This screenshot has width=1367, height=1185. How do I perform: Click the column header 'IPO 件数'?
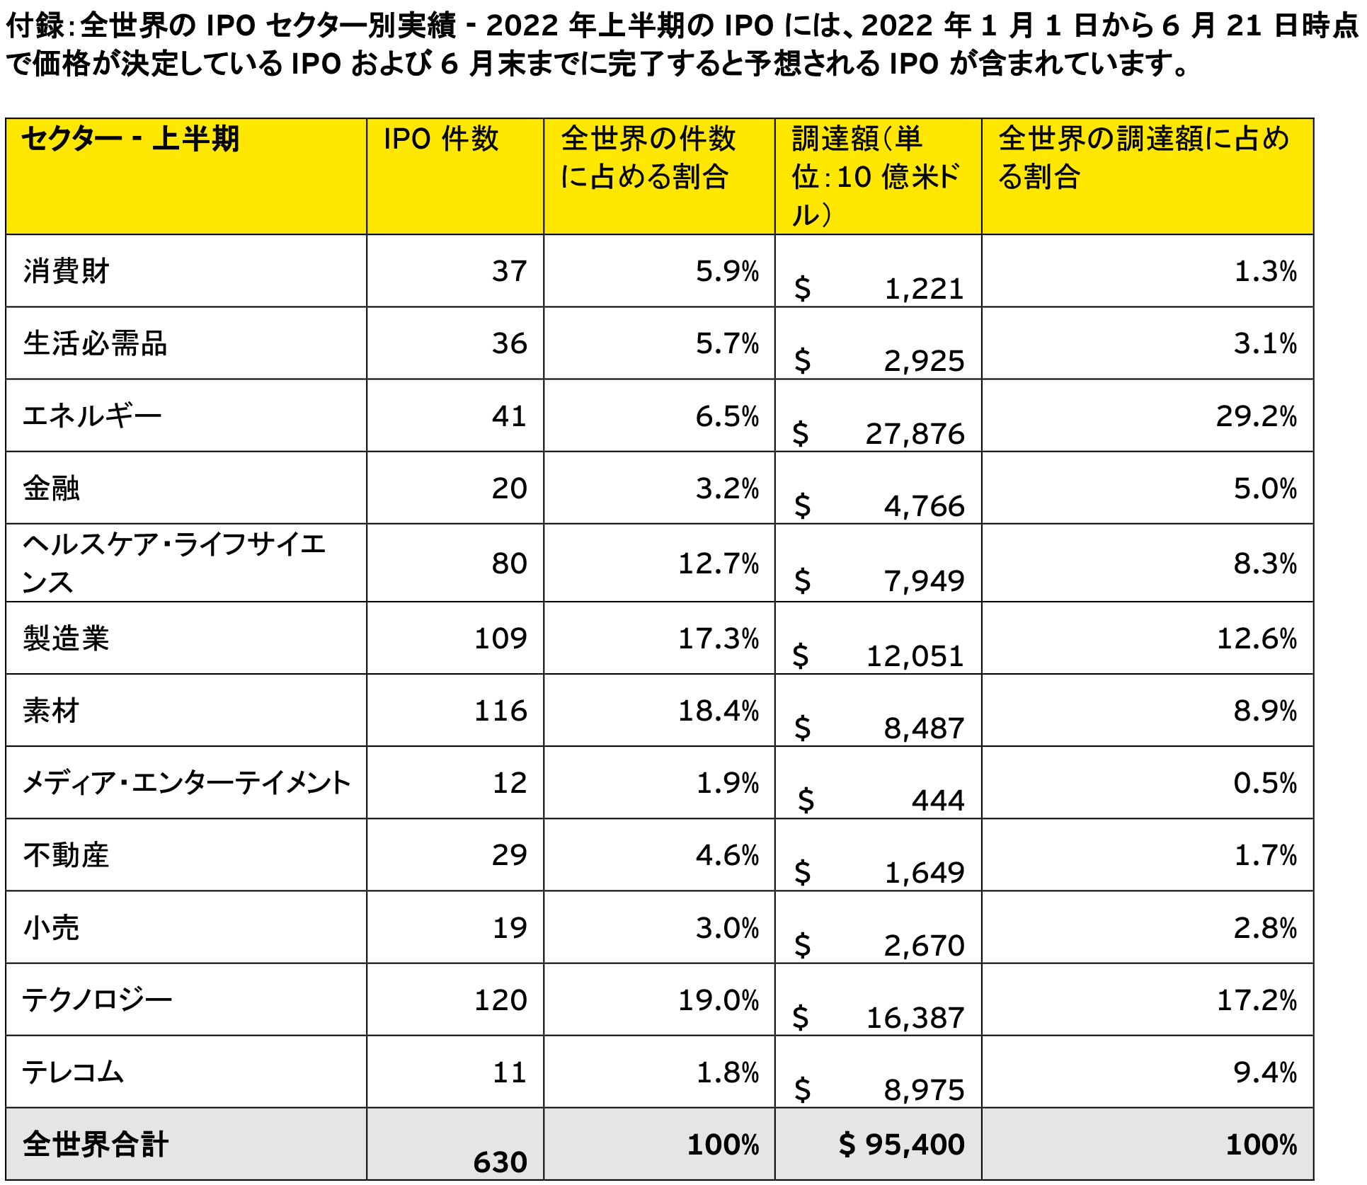440,139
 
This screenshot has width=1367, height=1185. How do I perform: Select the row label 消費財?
66,271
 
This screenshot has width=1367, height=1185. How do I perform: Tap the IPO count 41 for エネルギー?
509,416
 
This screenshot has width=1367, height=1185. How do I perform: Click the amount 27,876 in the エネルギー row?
915,434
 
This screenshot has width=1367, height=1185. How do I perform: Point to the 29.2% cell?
1256,416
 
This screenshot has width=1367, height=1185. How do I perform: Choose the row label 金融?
51,488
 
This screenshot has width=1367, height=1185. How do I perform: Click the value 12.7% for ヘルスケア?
718,563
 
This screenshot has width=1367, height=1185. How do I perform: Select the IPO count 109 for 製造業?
500,639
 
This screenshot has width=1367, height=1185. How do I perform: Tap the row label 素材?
51,711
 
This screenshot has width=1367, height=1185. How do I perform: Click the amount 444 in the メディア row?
938,801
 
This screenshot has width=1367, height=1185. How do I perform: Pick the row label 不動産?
66,855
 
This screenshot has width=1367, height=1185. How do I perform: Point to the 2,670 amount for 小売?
924,945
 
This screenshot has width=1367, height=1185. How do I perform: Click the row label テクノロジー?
97,1000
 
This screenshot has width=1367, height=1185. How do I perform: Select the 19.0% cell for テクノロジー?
718,1000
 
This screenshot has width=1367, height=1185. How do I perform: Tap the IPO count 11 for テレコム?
509,1072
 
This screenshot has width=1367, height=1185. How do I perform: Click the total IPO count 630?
500,1162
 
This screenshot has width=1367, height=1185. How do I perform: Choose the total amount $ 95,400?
901,1145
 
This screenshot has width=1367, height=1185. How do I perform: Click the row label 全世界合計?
96,1145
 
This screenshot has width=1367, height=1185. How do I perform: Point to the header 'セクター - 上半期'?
130,139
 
